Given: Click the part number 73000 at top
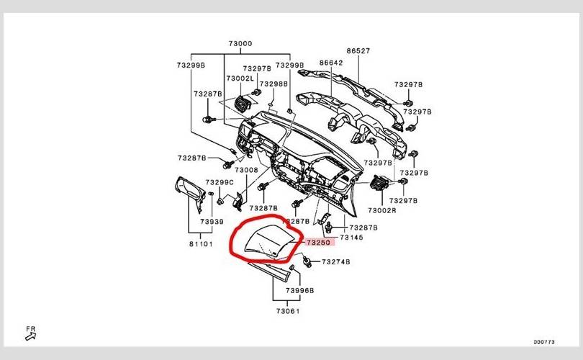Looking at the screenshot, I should (240, 44).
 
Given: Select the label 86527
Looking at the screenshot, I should (358, 51).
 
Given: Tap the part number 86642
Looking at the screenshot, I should (330, 63).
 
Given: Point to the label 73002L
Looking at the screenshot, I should (240, 78).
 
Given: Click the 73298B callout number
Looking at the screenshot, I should (274, 84).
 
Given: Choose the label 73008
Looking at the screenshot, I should (245, 170).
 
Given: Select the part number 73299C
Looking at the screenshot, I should (220, 183).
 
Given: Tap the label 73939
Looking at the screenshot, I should (212, 222).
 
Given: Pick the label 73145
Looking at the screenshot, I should (351, 237).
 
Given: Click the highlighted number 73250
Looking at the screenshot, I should (318, 243).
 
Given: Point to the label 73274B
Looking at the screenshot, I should (335, 262).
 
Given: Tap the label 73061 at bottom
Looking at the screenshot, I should (287, 311).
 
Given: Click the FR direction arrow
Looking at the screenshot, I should (30, 333).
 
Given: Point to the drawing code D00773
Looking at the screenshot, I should (543, 342).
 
